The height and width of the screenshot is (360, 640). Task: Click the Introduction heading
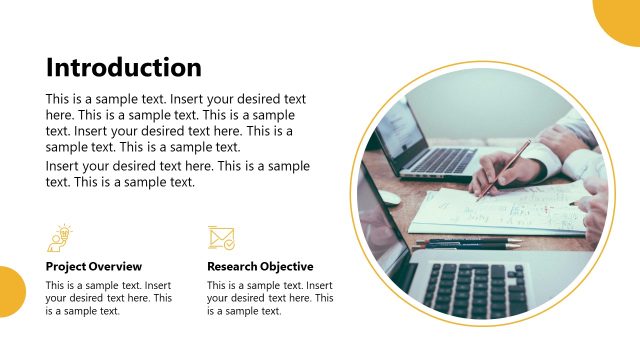(124, 68)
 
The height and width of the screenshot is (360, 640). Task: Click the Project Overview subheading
(94, 267)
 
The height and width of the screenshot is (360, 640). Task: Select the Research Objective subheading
(260, 267)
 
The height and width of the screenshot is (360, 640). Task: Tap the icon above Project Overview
(60, 237)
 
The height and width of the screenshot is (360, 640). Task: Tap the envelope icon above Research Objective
(221, 238)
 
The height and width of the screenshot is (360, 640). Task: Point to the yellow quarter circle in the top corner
(620, 18)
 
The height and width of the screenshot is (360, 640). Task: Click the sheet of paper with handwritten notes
(500, 210)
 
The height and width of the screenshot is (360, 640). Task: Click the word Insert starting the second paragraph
(65, 166)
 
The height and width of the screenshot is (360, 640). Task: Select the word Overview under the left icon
(119, 267)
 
